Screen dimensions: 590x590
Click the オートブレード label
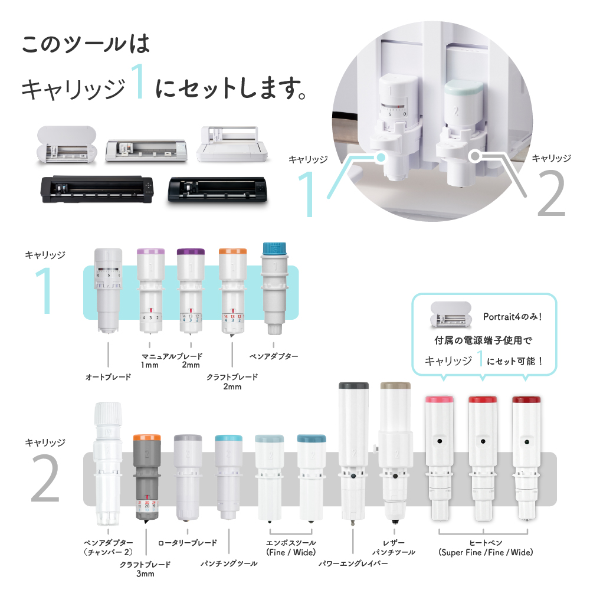coord(108,376)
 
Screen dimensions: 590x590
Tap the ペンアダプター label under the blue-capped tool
coord(274,356)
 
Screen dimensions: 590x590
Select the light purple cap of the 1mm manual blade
coord(150,252)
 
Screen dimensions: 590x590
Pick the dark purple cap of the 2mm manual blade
coord(191,252)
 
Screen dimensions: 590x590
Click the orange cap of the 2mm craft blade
coord(232,251)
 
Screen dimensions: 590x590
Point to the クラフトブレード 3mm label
coord(145,569)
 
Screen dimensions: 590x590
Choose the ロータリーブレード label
coord(188,543)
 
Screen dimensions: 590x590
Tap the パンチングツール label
coord(229,563)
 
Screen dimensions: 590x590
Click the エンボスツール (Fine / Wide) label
coord(291,548)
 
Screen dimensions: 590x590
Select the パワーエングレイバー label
coord(353,563)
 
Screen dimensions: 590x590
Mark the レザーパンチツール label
coord(394,548)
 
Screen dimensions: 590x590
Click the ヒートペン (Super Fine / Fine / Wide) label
coord(486,548)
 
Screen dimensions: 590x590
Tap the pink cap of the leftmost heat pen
coord(439,399)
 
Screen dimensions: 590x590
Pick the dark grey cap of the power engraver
coord(353,386)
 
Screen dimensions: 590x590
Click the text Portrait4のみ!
coord(513,317)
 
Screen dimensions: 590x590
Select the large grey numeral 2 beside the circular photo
coord(552,193)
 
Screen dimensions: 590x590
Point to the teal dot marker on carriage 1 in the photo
coord(381,157)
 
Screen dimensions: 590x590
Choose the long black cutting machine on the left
coord(97,189)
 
